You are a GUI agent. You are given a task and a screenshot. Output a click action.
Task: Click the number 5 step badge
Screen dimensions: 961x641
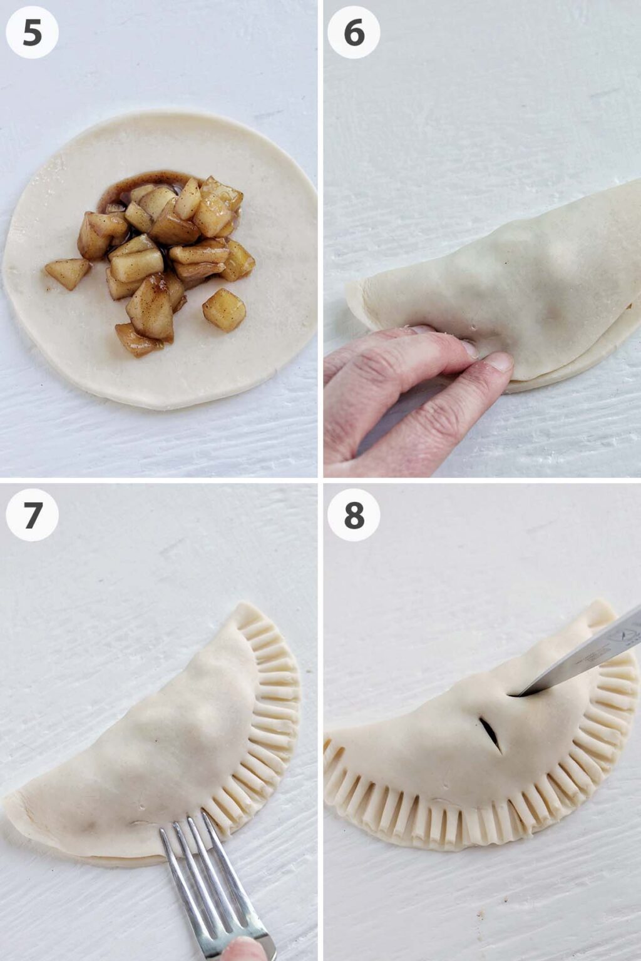click(x=32, y=33)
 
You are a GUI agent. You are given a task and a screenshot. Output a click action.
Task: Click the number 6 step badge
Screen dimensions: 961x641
click(x=354, y=33)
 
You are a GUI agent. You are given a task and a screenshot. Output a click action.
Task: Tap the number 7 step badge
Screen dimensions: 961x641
click(x=32, y=514)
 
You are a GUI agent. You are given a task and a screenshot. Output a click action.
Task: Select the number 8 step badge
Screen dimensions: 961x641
click(x=354, y=514)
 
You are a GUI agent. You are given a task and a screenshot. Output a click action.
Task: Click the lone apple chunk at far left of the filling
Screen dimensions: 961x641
click(x=67, y=273)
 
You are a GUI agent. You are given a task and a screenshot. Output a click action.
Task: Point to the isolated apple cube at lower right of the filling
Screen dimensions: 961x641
click(x=224, y=309)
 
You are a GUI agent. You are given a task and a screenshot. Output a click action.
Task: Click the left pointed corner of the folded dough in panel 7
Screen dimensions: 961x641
click(x=9, y=807)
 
